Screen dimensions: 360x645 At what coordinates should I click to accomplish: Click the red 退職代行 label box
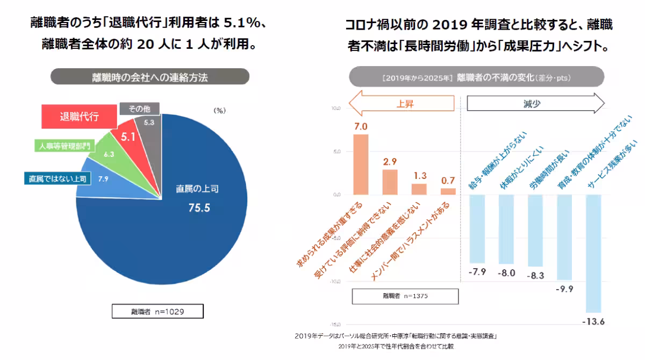[x=79, y=118]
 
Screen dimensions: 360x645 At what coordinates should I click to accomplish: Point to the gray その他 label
[x=139, y=109]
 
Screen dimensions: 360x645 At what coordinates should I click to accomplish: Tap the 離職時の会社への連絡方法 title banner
[x=150, y=77]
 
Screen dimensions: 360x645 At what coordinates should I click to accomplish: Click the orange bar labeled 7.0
[x=361, y=164]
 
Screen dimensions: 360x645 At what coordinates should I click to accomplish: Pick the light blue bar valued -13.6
[x=593, y=253]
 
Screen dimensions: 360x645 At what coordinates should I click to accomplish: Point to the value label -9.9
[x=564, y=289]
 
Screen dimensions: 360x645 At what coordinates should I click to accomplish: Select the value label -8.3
[x=535, y=275]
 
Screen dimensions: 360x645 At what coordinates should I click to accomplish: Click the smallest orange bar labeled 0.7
[x=448, y=191]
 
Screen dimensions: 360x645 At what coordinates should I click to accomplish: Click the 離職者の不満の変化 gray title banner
[x=476, y=77]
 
